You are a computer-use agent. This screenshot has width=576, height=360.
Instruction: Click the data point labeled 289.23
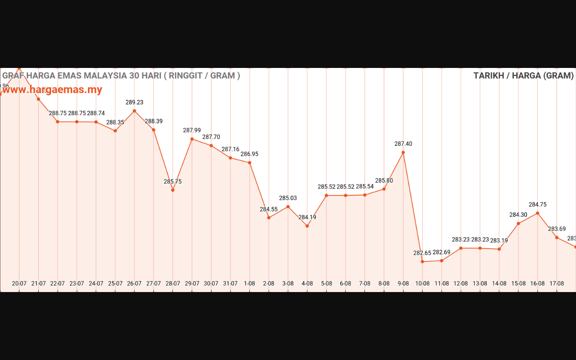coord(134,111)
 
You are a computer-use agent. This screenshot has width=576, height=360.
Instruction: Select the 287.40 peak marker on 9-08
coord(403,153)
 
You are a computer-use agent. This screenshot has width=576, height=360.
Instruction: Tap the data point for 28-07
coord(173,190)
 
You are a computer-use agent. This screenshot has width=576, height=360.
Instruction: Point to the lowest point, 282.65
coord(423,261)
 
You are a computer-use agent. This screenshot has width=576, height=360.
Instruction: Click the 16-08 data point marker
coord(537,213)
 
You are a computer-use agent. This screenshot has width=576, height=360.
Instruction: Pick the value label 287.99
coord(192,130)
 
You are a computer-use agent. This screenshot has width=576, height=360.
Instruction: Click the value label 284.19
coord(307,217)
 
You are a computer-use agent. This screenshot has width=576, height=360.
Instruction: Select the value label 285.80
coord(384,180)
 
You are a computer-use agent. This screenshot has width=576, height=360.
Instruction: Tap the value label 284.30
coord(518,215)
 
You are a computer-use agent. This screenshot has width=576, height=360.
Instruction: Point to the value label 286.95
coord(249,154)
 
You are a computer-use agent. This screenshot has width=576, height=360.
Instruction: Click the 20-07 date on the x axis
coord(19,283)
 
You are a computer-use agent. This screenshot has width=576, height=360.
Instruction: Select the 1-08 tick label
coord(249,283)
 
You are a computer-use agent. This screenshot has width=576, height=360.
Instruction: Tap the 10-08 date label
coord(422,283)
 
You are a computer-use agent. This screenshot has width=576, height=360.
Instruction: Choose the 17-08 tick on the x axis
coord(557,283)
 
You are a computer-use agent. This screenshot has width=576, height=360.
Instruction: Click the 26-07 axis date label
coord(134,283)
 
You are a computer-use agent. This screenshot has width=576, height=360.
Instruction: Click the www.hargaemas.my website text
coord(52,90)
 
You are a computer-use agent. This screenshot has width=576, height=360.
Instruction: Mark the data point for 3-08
coord(288,207)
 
